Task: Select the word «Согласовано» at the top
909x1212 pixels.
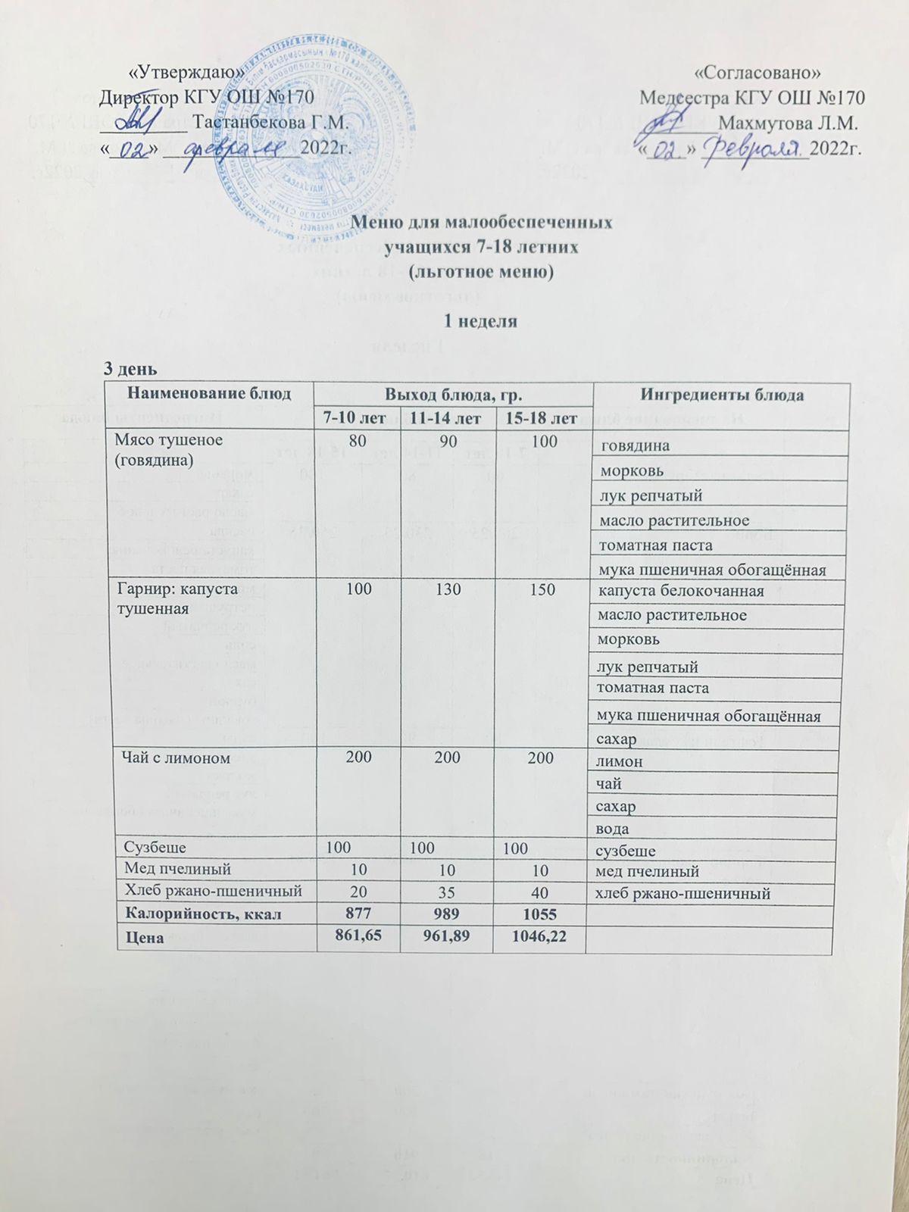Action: pos(757,73)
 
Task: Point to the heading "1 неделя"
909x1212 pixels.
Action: pos(480,321)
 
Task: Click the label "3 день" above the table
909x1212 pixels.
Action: pos(130,370)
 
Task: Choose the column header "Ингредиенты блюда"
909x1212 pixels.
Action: pos(722,395)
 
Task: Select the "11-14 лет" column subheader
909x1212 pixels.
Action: pos(448,417)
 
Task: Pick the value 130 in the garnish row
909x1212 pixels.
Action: pos(448,589)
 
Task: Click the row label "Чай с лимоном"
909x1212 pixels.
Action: pos(172,757)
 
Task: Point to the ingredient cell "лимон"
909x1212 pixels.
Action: pos(620,761)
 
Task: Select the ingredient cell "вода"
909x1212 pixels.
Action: pos(614,829)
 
